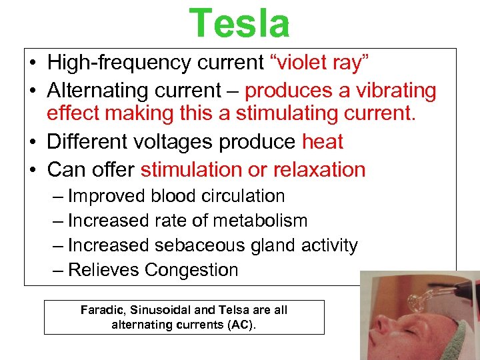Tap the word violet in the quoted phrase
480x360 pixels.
tap(300, 63)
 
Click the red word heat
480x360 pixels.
tap(323, 142)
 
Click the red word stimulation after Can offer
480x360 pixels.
tap(191, 169)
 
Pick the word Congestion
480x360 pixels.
tap(191, 270)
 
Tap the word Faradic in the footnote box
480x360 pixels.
tap(103, 310)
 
